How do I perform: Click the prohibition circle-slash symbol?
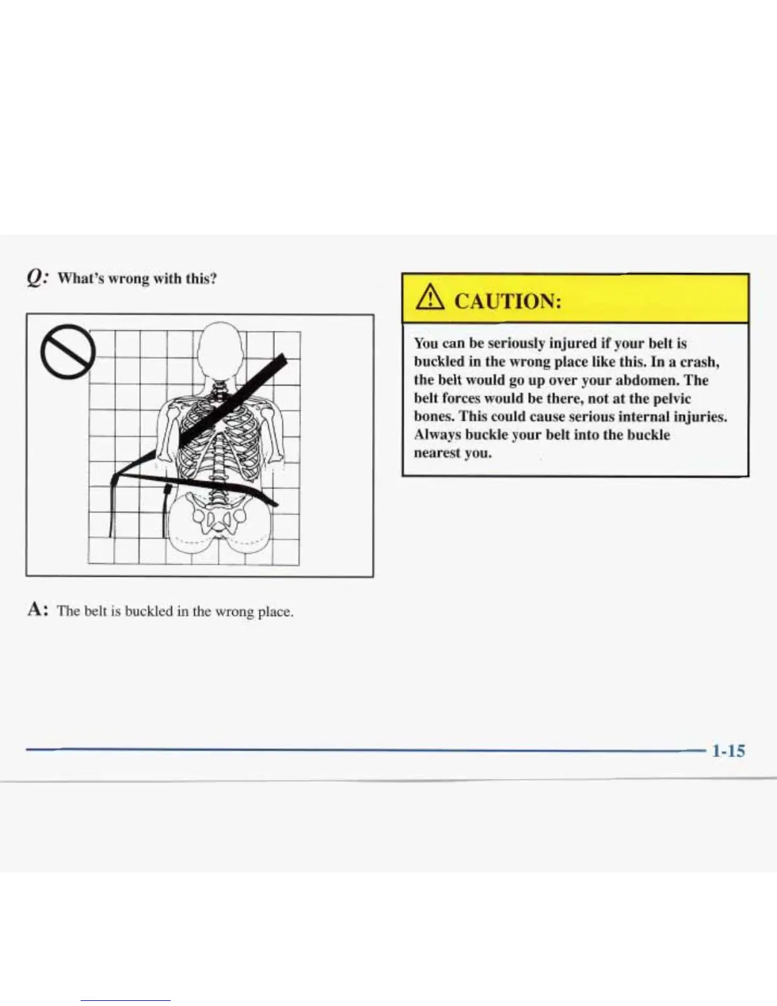[68, 351]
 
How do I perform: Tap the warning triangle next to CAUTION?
[430, 299]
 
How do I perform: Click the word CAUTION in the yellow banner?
[508, 300]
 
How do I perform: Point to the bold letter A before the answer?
[36, 610]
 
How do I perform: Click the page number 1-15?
[728, 751]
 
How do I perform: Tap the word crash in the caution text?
[699, 362]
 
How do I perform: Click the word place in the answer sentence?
[274, 612]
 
